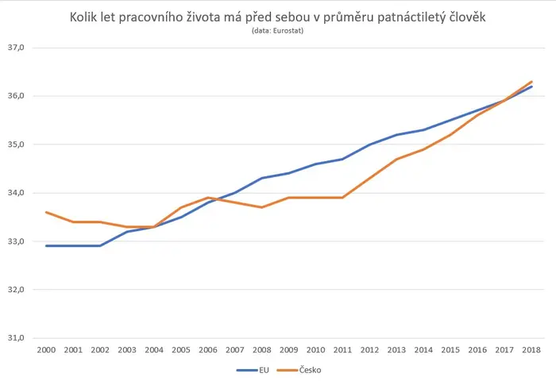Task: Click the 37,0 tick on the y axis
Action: coord(16,48)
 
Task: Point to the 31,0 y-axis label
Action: coord(16,338)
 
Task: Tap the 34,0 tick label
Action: coord(16,193)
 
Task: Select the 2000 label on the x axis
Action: coord(46,350)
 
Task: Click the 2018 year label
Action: coord(531,350)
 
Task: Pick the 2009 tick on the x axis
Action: coord(288,350)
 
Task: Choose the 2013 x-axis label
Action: coord(396,350)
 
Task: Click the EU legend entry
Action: coord(253,370)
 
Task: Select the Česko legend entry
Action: coord(299,370)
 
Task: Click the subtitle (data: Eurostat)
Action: coord(278,30)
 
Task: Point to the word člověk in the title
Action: coord(468,17)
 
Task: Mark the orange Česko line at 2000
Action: coord(46,212)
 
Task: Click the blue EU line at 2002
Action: coord(100,245)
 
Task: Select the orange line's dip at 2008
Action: coord(261,207)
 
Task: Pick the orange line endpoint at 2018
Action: coord(531,82)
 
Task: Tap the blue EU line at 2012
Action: coord(369,144)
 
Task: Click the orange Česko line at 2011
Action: coord(342,198)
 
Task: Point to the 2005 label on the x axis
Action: coord(181,350)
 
